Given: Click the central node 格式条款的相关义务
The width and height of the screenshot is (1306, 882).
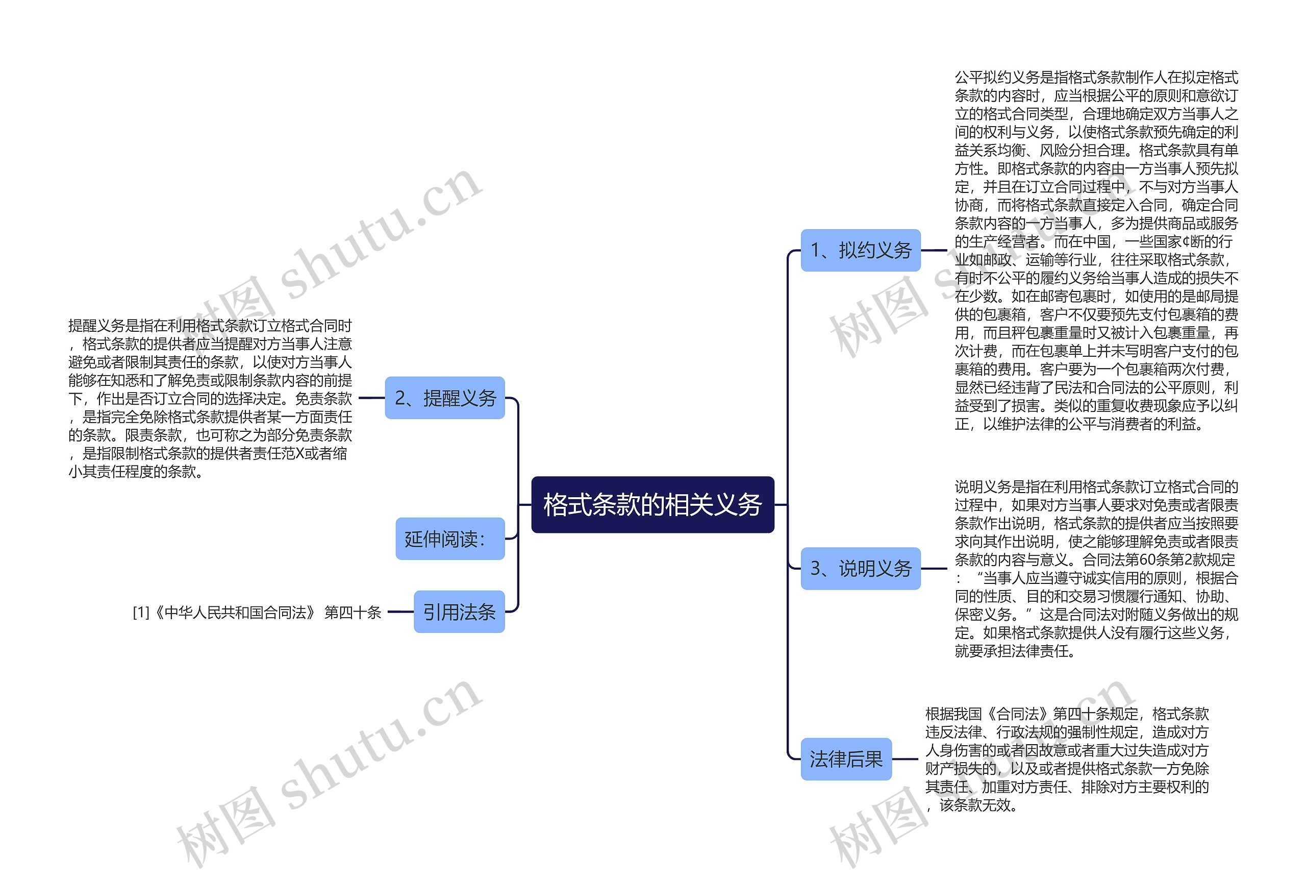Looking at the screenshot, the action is tap(652, 504).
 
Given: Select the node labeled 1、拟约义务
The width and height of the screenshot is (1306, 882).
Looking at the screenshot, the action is tap(860, 250).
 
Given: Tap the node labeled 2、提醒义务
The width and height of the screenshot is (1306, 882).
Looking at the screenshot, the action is tap(444, 398).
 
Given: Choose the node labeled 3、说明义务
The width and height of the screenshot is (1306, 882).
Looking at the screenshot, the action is tap(860, 568).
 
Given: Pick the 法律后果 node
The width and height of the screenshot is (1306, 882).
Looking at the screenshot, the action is tap(845, 759).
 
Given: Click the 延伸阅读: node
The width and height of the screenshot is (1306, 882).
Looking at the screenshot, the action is tap(449, 538).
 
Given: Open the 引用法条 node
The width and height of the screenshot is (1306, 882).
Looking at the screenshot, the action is tap(459, 611).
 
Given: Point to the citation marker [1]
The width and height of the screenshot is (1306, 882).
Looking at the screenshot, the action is tap(140, 612).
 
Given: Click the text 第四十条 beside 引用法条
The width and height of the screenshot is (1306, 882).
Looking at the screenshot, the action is tap(353, 612).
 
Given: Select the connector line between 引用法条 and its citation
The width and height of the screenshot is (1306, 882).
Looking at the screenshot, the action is tap(400, 611).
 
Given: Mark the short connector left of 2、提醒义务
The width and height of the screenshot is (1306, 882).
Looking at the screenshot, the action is tap(371, 398).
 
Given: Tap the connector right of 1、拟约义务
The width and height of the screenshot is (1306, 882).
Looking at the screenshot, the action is tap(934, 250).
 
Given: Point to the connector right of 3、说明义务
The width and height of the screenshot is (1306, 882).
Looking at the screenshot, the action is tap(934, 568).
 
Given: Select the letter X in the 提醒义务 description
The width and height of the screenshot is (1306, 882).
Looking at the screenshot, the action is tap(299, 454).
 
